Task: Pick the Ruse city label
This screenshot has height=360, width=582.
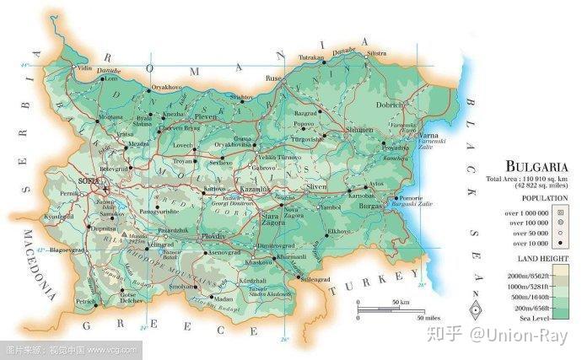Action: click(x=272, y=78)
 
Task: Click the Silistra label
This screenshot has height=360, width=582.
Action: click(x=376, y=53)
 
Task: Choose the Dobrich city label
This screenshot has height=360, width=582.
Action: click(x=390, y=105)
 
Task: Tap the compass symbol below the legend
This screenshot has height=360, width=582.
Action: click(x=477, y=309)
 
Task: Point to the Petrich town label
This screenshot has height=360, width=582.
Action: click(x=84, y=300)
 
